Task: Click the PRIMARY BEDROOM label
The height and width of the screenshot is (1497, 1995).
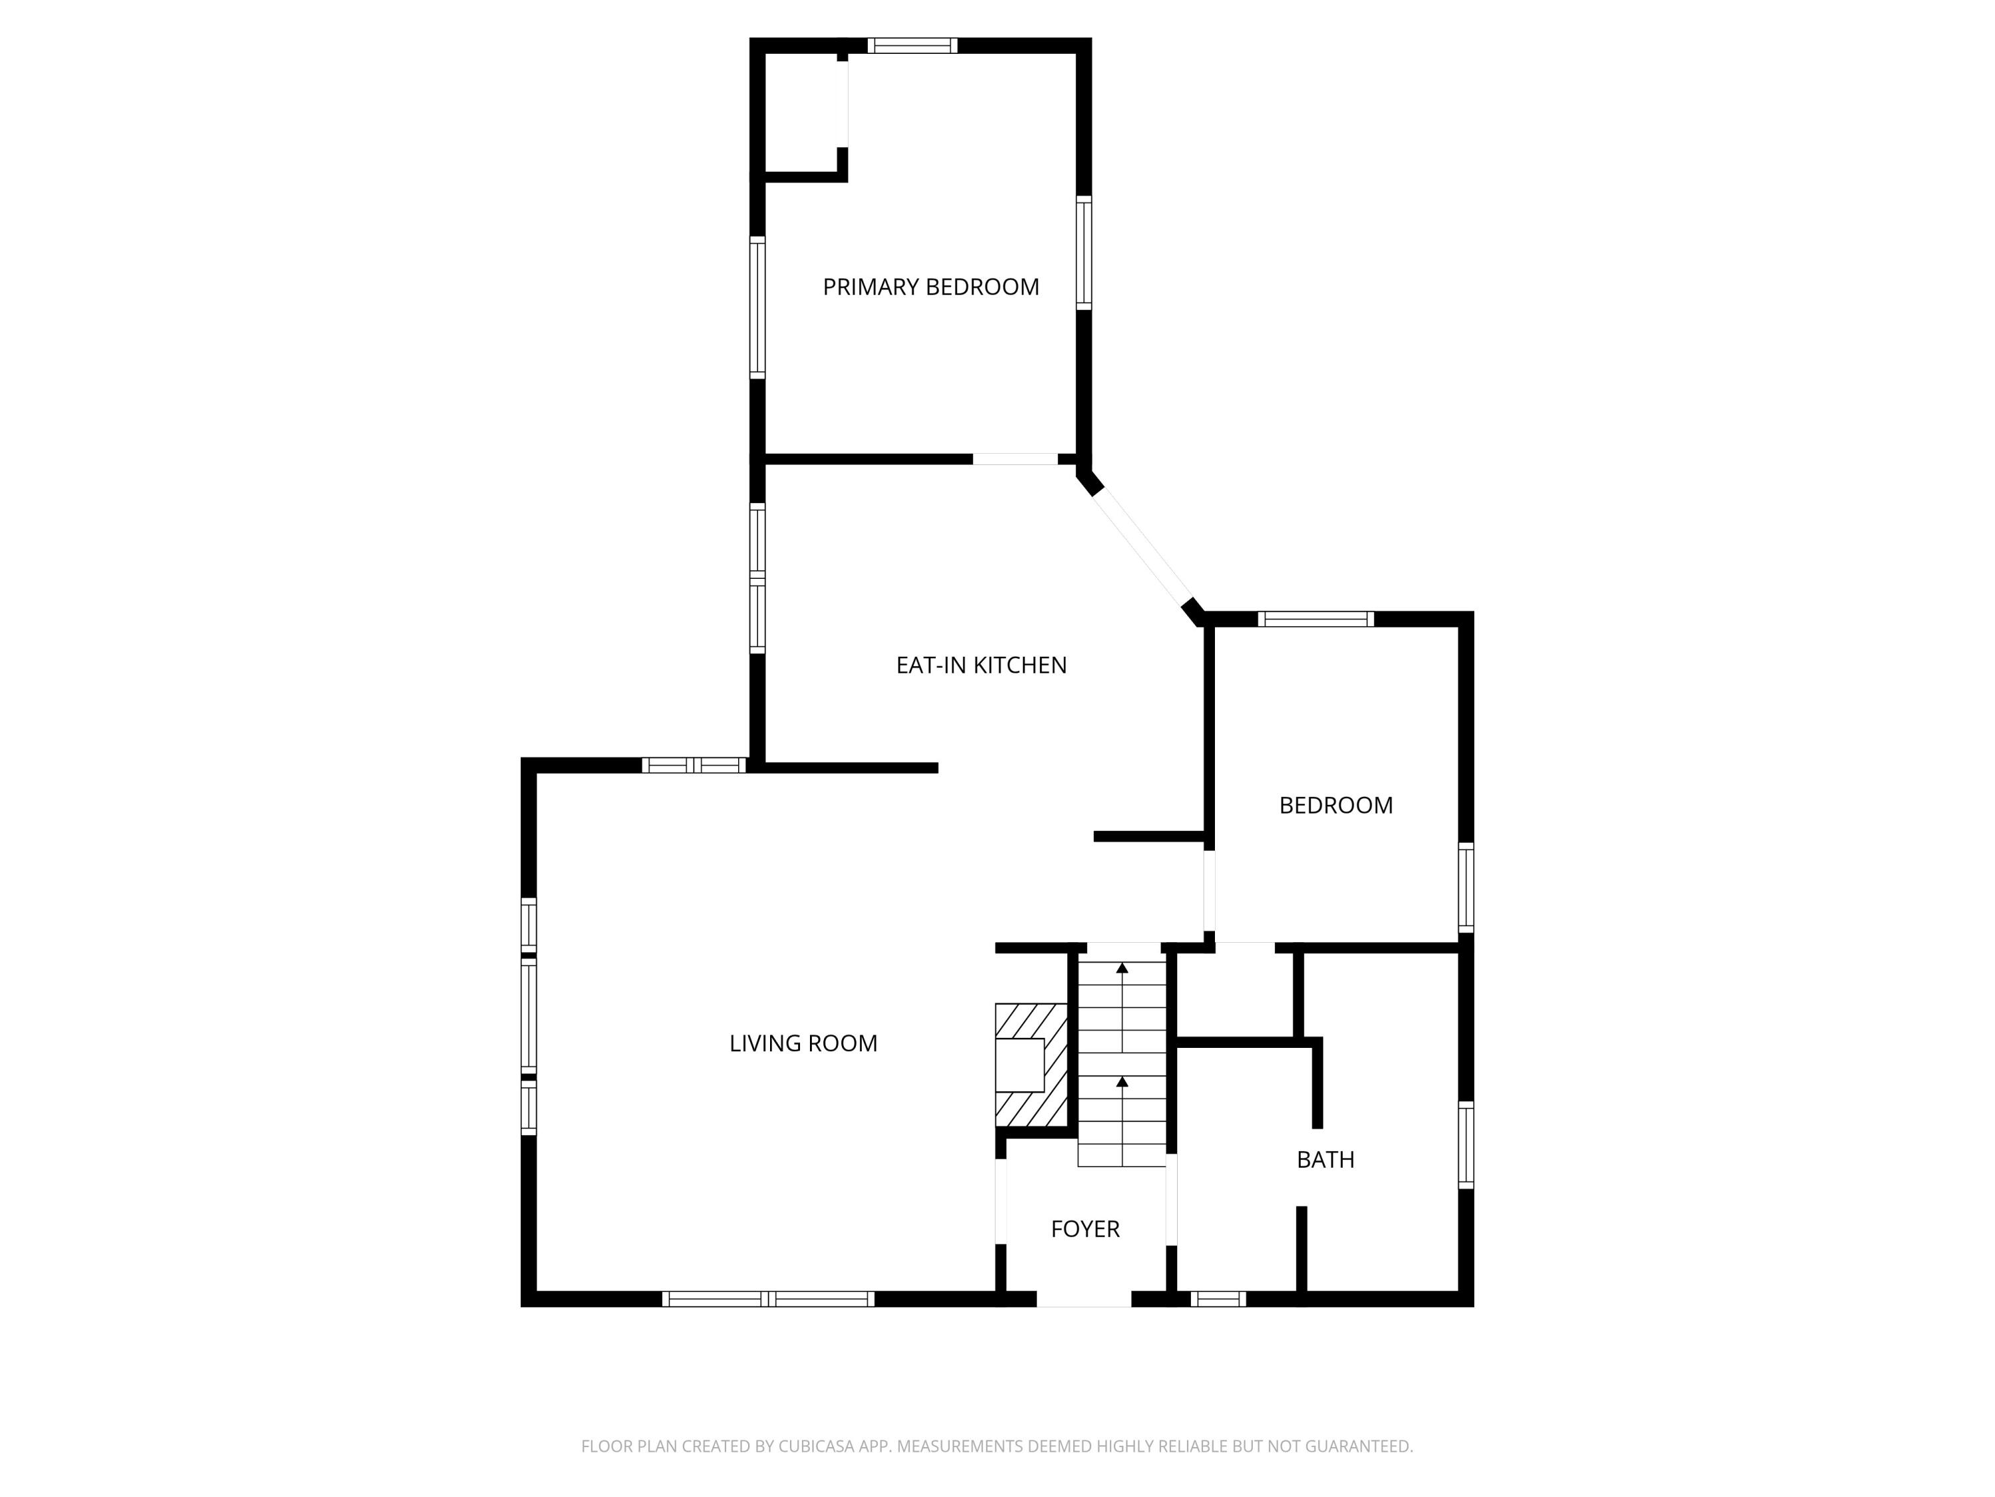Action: click(x=931, y=287)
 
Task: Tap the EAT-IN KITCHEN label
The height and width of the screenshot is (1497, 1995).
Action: click(x=982, y=665)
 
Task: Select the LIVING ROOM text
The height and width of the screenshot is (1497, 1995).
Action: click(x=803, y=1043)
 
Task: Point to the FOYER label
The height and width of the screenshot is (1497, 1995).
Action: click(x=1085, y=1229)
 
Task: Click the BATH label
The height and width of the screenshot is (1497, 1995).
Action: click(x=1325, y=1160)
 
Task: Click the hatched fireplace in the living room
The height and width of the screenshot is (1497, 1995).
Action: click(x=1030, y=1065)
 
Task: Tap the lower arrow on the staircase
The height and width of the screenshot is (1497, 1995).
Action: click(x=1122, y=1081)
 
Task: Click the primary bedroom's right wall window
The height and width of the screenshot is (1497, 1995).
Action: click(x=1084, y=253)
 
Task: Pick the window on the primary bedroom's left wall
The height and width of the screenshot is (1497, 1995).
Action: click(x=757, y=307)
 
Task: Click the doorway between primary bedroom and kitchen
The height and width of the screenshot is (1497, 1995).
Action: click(x=1015, y=459)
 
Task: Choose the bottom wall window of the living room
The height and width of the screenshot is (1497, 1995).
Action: click(x=767, y=1299)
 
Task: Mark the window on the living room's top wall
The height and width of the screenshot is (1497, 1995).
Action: click(x=694, y=765)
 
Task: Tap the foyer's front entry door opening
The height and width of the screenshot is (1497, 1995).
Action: click(x=1083, y=1299)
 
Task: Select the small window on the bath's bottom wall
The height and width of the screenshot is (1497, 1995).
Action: click(x=1218, y=1299)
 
